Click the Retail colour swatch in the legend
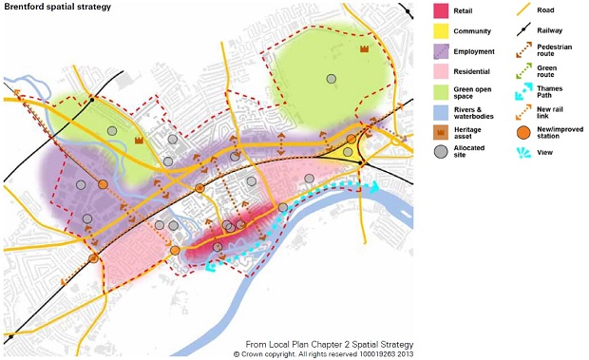point(441,10)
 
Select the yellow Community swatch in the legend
point(441,32)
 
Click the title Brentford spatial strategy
point(57,7)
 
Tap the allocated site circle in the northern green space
point(332,79)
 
